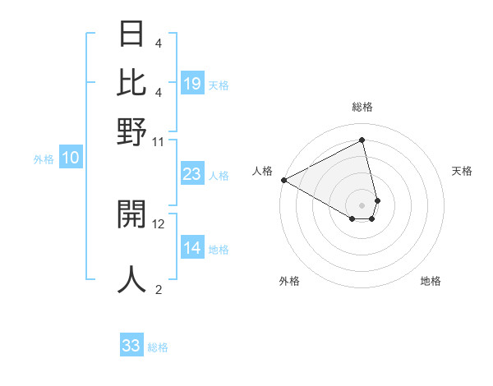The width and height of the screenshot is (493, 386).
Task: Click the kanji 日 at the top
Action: coord(132,34)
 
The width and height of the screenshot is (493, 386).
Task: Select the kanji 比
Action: coord(132,82)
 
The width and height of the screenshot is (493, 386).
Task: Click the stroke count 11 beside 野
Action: coord(159,141)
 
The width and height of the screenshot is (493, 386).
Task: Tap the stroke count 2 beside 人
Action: coord(159,289)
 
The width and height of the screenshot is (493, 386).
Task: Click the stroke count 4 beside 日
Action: coord(159,43)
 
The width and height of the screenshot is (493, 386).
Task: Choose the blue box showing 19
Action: coord(192,84)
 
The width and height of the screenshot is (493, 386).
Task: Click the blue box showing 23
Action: coord(192,174)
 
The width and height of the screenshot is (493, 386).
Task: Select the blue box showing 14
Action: coord(192,249)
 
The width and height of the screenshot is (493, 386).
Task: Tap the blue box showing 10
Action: coord(71,159)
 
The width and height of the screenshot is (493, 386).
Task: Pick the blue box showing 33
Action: coord(131,346)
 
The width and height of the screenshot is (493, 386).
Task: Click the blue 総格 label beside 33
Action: coord(158,347)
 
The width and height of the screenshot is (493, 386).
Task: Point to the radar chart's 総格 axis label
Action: coord(362,107)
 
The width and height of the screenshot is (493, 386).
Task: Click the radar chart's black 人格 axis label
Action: coord(263,171)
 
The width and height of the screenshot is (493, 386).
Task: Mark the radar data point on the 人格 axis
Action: coord(283,180)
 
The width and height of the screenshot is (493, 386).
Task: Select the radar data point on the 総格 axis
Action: coord(362,140)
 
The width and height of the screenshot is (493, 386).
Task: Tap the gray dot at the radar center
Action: coord(362,204)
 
